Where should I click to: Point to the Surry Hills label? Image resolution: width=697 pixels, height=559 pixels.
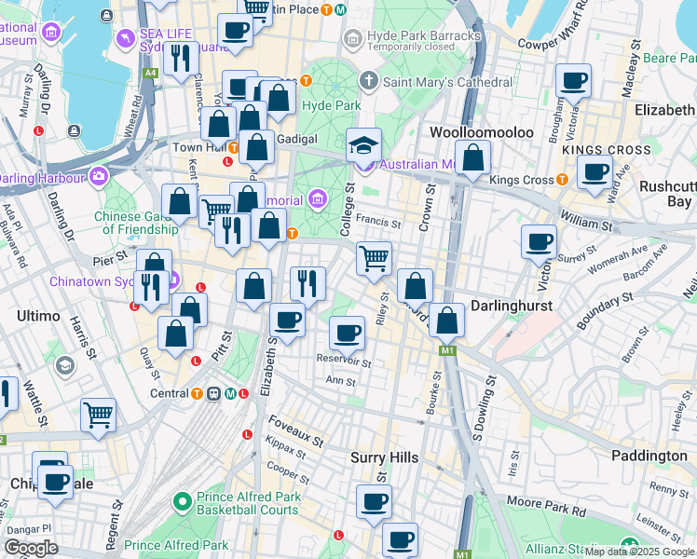coord(384,457)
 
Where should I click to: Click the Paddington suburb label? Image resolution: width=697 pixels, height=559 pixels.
coord(649,456)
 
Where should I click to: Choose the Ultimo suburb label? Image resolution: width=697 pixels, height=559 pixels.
coord(39,317)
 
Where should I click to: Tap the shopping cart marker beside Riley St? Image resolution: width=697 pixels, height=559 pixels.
coord(374,258)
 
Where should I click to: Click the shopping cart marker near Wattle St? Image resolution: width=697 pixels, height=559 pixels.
coord(98,415)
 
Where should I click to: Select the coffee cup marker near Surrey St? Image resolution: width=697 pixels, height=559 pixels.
coord(538,243)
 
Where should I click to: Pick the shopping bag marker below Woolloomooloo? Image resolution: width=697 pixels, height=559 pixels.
coord(472,157)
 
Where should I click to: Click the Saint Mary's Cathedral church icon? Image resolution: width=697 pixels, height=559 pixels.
coord(369,82)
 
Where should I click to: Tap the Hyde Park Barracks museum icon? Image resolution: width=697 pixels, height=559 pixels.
coord(351,37)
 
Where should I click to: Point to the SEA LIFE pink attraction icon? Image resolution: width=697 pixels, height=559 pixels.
coord(124,37)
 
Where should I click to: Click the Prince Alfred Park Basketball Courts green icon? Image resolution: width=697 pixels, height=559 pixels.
coord(183,502)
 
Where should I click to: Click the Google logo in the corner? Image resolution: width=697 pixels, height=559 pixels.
coord(31,548)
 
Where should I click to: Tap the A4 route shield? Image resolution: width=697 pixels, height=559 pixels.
coord(149,72)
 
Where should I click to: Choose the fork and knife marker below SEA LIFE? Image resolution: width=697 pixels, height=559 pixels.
coord(180,58)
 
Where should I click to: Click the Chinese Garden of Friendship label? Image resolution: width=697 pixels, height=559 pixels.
coord(140,223)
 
